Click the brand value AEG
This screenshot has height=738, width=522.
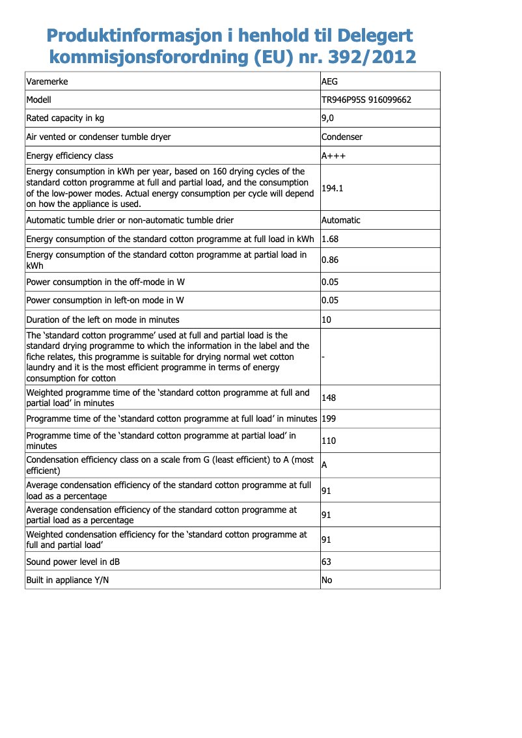330,82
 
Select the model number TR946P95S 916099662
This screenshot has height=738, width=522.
366,100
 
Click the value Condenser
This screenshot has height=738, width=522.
342,137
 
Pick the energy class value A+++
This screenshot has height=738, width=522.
333,156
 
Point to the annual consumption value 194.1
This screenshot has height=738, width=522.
332,188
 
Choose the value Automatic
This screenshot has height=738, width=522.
340,220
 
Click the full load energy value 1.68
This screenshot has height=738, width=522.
330,239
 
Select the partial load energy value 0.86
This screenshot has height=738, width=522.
330,260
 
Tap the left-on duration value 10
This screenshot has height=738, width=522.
327,320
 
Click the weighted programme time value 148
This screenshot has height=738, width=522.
329,398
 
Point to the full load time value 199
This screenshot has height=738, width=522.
329,418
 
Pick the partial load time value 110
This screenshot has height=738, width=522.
329,441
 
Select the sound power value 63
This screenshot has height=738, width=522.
327,561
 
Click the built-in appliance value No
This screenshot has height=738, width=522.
327,579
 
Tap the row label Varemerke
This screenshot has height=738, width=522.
47,82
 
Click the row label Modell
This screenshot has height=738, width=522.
38,100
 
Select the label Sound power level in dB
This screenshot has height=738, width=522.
73,561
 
